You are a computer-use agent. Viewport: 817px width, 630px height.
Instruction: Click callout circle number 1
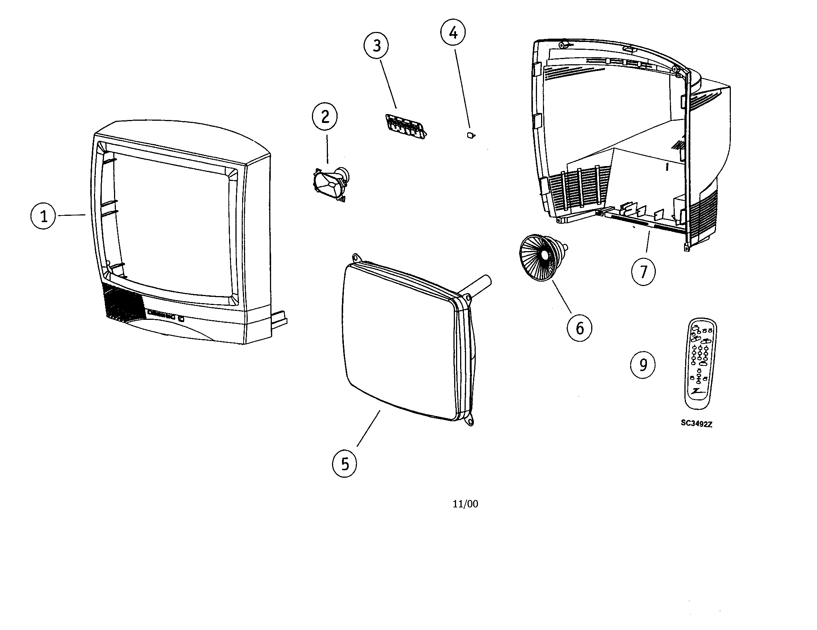coord(43,216)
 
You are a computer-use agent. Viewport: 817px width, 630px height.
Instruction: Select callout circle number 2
coord(325,117)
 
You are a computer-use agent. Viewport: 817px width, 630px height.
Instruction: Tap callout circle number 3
coord(376,46)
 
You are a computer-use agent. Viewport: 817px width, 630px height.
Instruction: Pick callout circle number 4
coord(453,33)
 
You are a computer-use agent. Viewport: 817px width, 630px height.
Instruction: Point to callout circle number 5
coord(345,464)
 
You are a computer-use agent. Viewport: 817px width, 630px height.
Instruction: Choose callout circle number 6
coord(579,328)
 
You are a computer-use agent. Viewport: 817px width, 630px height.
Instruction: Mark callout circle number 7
coord(644,272)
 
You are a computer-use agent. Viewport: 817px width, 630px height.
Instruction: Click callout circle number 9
coord(643,364)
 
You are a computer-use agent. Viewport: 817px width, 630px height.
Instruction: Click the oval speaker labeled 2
coord(331,185)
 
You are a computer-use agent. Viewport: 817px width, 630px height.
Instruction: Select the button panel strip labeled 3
coord(406,127)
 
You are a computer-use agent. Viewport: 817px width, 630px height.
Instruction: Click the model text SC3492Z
coord(696,424)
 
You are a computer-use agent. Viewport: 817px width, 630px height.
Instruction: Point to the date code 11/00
coord(465,504)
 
